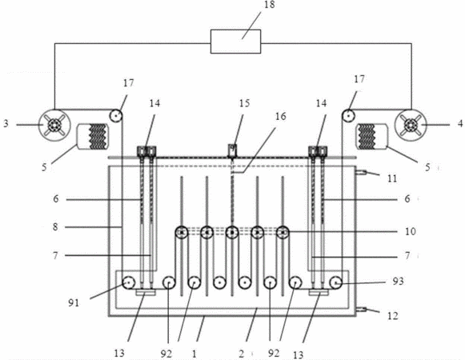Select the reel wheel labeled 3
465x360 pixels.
click(x=55, y=125)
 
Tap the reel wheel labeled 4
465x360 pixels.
click(x=411, y=125)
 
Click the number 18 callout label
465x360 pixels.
click(x=269, y=5)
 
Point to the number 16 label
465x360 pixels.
click(x=280, y=116)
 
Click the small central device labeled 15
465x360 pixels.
click(x=232, y=150)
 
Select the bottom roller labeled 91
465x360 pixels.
click(x=129, y=282)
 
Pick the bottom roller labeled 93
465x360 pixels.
click(x=336, y=282)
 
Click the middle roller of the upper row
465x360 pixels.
click(x=232, y=232)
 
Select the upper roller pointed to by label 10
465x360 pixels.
click(x=283, y=232)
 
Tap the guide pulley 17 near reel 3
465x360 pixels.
click(x=116, y=115)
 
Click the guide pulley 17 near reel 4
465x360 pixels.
click(x=349, y=114)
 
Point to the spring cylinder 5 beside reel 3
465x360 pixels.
click(x=93, y=137)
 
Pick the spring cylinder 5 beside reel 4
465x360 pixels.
click(x=371, y=137)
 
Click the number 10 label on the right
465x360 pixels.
click(x=411, y=231)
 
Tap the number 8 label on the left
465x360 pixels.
click(x=55, y=227)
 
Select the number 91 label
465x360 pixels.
click(x=74, y=303)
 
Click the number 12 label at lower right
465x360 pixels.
click(x=393, y=316)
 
